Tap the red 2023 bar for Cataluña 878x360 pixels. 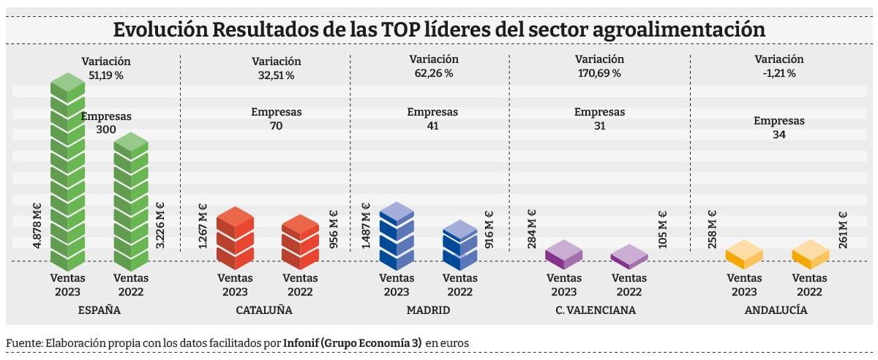(x=235, y=238)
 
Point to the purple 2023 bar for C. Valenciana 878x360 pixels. (x=564, y=253)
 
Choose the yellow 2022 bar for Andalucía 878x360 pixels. (x=811, y=254)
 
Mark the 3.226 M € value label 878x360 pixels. (x=160, y=228)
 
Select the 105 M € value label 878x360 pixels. (x=663, y=230)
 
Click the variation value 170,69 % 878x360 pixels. (x=599, y=73)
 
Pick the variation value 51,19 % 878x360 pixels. (x=106, y=75)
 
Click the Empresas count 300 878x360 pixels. (x=106, y=129)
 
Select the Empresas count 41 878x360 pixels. (x=432, y=125)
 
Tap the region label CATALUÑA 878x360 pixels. (x=264, y=310)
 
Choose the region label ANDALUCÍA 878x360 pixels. (x=776, y=310)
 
